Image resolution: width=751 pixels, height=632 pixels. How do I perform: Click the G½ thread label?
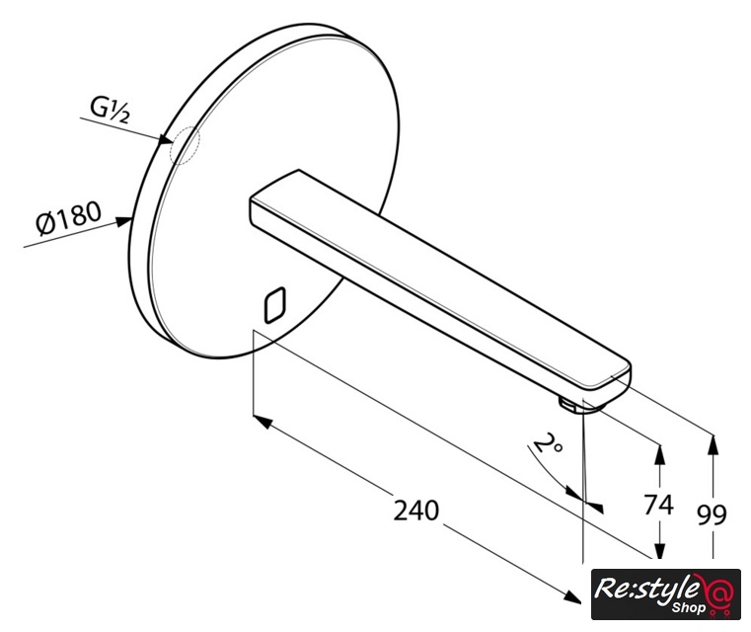[x=111, y=110]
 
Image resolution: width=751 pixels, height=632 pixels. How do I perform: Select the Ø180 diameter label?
[x=69, y=218]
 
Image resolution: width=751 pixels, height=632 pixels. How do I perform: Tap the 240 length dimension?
[x=415, y=511]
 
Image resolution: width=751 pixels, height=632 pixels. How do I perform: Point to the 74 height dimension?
[x=658, y=505]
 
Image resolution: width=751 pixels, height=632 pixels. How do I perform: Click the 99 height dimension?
[x=712, y=515]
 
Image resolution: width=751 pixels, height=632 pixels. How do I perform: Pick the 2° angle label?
[x=548, y=443]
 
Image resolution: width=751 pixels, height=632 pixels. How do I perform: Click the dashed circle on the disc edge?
[x=185, y=145]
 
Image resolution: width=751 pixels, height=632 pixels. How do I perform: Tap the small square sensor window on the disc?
[x=275, y=305]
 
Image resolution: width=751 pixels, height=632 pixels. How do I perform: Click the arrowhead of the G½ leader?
[x=166, y=139]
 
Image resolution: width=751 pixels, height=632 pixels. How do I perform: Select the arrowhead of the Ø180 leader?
[x=124, y=221]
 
